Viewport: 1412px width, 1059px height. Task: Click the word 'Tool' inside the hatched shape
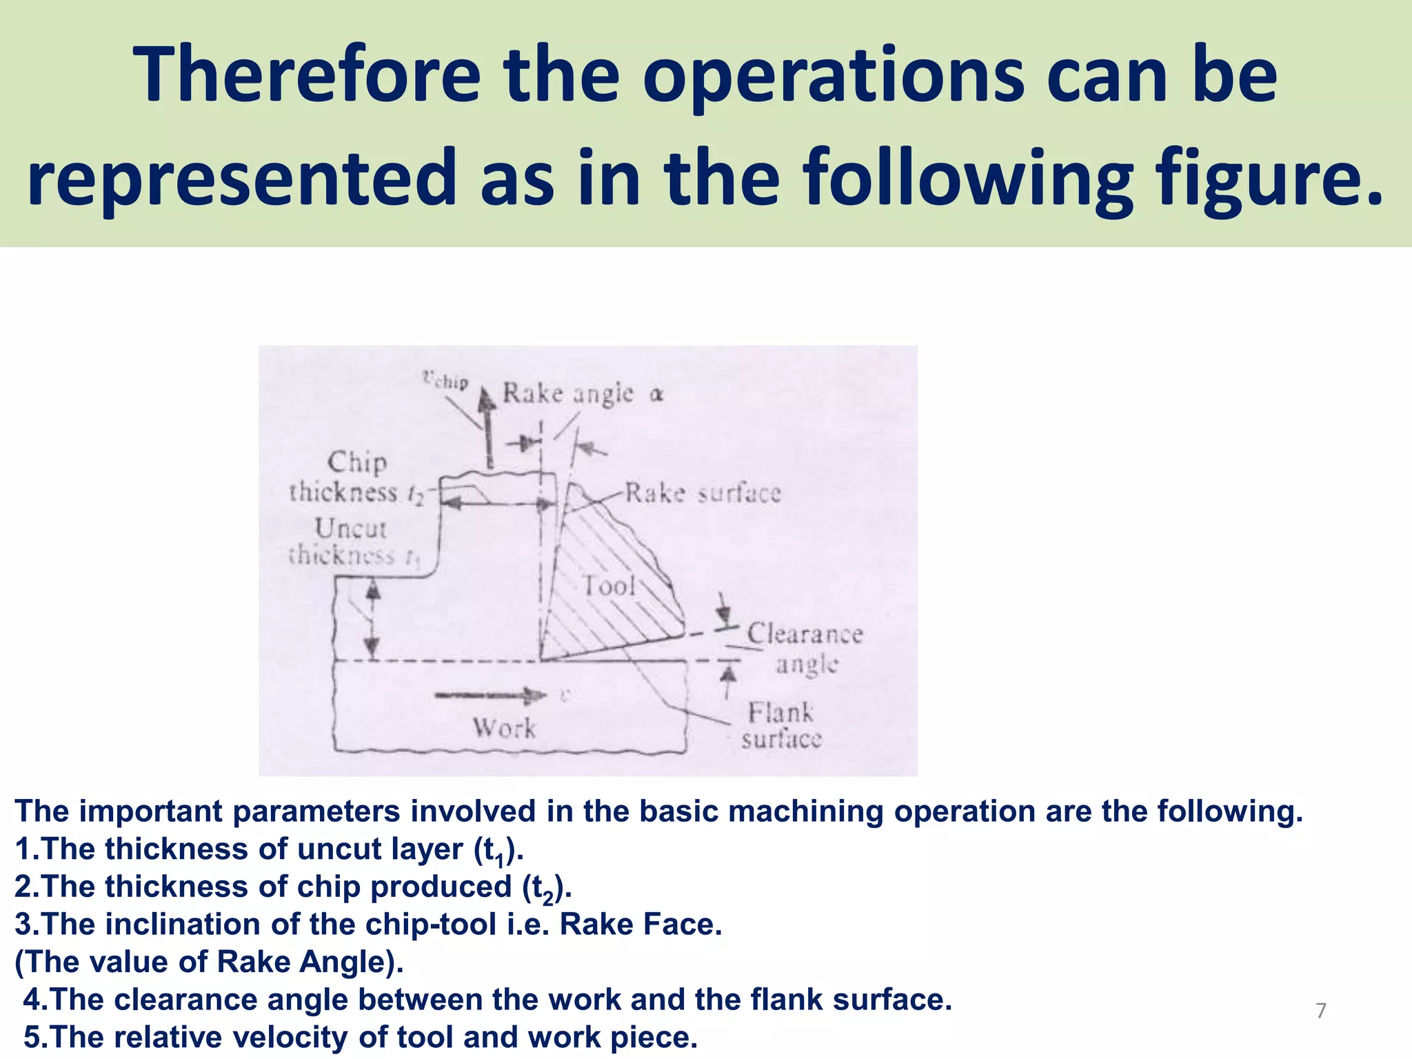coord(609,586)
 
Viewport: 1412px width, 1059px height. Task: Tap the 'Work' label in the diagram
coord(504,728)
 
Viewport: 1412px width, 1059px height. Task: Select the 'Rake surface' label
coord(703,493)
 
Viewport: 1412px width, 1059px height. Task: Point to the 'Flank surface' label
coord(781,725)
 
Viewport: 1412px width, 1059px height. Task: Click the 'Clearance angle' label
coord(805,649)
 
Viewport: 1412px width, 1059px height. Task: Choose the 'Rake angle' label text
coord(568,393)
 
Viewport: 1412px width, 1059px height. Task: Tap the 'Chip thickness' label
coord(348,477)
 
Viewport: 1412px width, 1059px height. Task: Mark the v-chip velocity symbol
coord(445,380)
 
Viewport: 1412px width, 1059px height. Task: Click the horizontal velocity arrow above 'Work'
coord(490,695)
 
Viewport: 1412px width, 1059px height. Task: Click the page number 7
coord(1320,1011)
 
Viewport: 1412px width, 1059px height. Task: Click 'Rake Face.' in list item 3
coord(641,925)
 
